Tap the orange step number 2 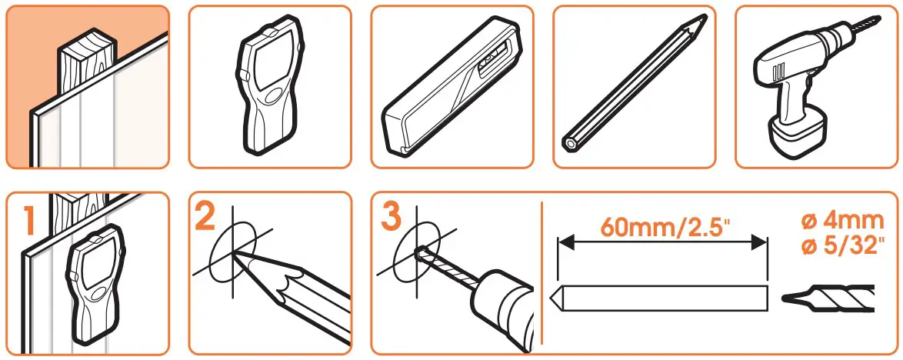point(205,218)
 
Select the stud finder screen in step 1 point(96,262)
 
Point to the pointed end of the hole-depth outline point(554,295)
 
